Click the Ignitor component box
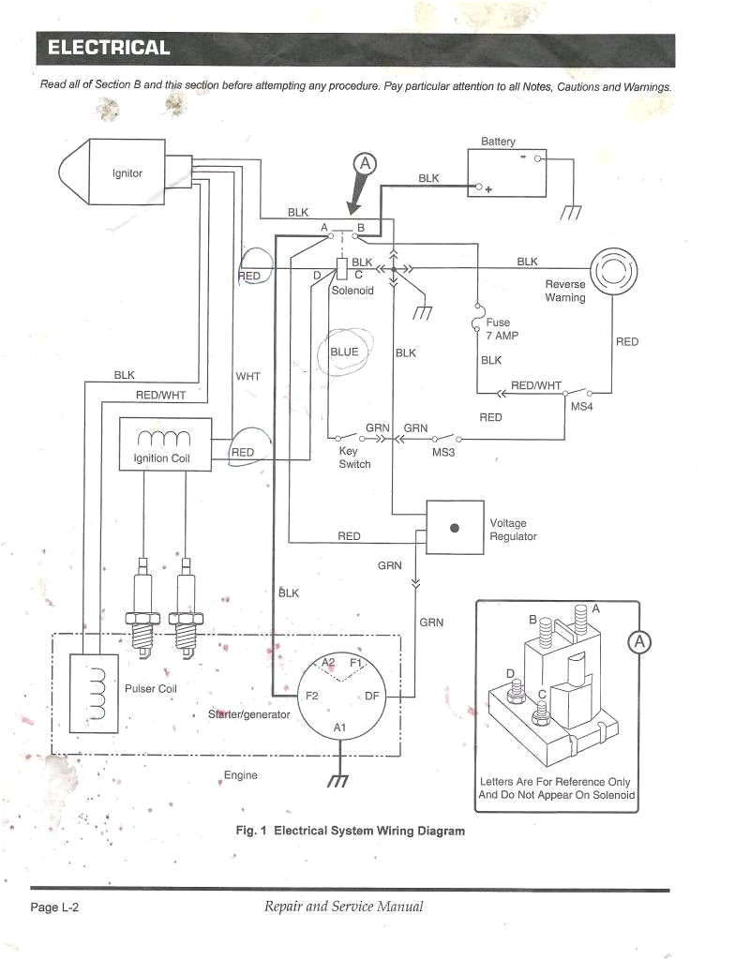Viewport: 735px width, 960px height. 127,174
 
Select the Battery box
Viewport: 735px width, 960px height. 506,174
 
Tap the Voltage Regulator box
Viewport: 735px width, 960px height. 455,529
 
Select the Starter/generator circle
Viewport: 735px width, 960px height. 339,696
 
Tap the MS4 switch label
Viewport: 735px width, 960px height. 581,407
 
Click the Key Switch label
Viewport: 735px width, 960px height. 354,457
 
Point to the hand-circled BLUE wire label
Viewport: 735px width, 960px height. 344,352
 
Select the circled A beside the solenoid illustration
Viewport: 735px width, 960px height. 640,642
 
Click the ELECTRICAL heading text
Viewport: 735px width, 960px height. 109,48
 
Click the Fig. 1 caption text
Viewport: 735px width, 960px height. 350,831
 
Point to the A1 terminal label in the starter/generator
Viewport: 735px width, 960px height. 339,728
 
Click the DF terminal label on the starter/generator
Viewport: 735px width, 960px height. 371,696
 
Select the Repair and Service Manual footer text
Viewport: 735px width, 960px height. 343,907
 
